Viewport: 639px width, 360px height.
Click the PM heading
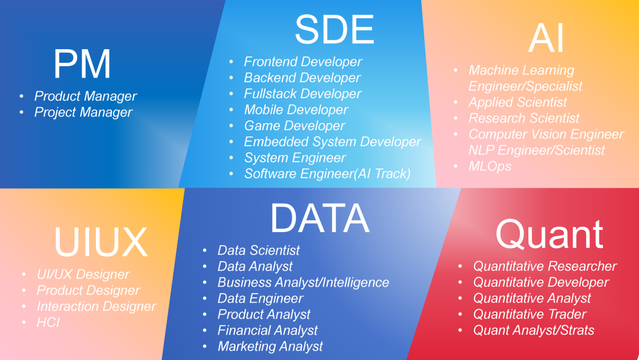tap(82, 64)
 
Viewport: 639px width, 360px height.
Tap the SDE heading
tap(334, 30)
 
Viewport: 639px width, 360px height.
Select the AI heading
tap(546, 38)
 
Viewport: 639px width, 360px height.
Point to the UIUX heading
tap(100, 242)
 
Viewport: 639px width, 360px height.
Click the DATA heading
tap(319, 218)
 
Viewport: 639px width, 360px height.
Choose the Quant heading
tap(549, 234)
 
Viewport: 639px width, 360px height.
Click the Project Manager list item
tap(83, 112)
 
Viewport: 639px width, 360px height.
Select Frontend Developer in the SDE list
tap(303, 62)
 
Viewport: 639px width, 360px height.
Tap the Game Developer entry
tap(294, 126)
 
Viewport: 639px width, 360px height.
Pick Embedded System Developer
tap(332, 142)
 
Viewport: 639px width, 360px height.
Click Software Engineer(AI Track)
tap(327, 173)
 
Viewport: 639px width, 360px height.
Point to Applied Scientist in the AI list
tap(518, 102)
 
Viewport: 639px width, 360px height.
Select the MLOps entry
tap(490, 166)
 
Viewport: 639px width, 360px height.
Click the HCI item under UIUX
tap(48, 322)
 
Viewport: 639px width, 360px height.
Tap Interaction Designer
tap(96, 306)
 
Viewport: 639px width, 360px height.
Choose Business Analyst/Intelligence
tap(303, 282)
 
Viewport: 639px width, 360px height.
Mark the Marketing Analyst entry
tap(270, 346)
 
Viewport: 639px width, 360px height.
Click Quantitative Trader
tap(530, 314)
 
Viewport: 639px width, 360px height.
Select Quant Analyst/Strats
tap(534, 330)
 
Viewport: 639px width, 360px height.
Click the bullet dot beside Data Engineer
tap(205, 298)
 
